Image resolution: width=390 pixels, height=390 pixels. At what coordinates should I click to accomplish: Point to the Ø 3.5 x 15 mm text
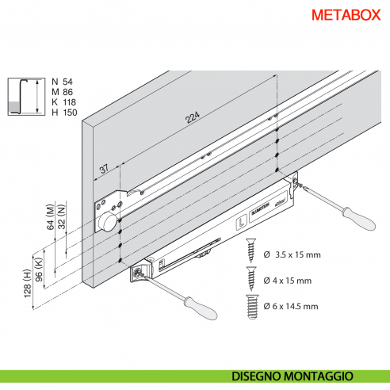[291, 255]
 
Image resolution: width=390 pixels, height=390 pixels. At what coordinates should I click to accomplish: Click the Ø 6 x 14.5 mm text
[291, 307]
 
